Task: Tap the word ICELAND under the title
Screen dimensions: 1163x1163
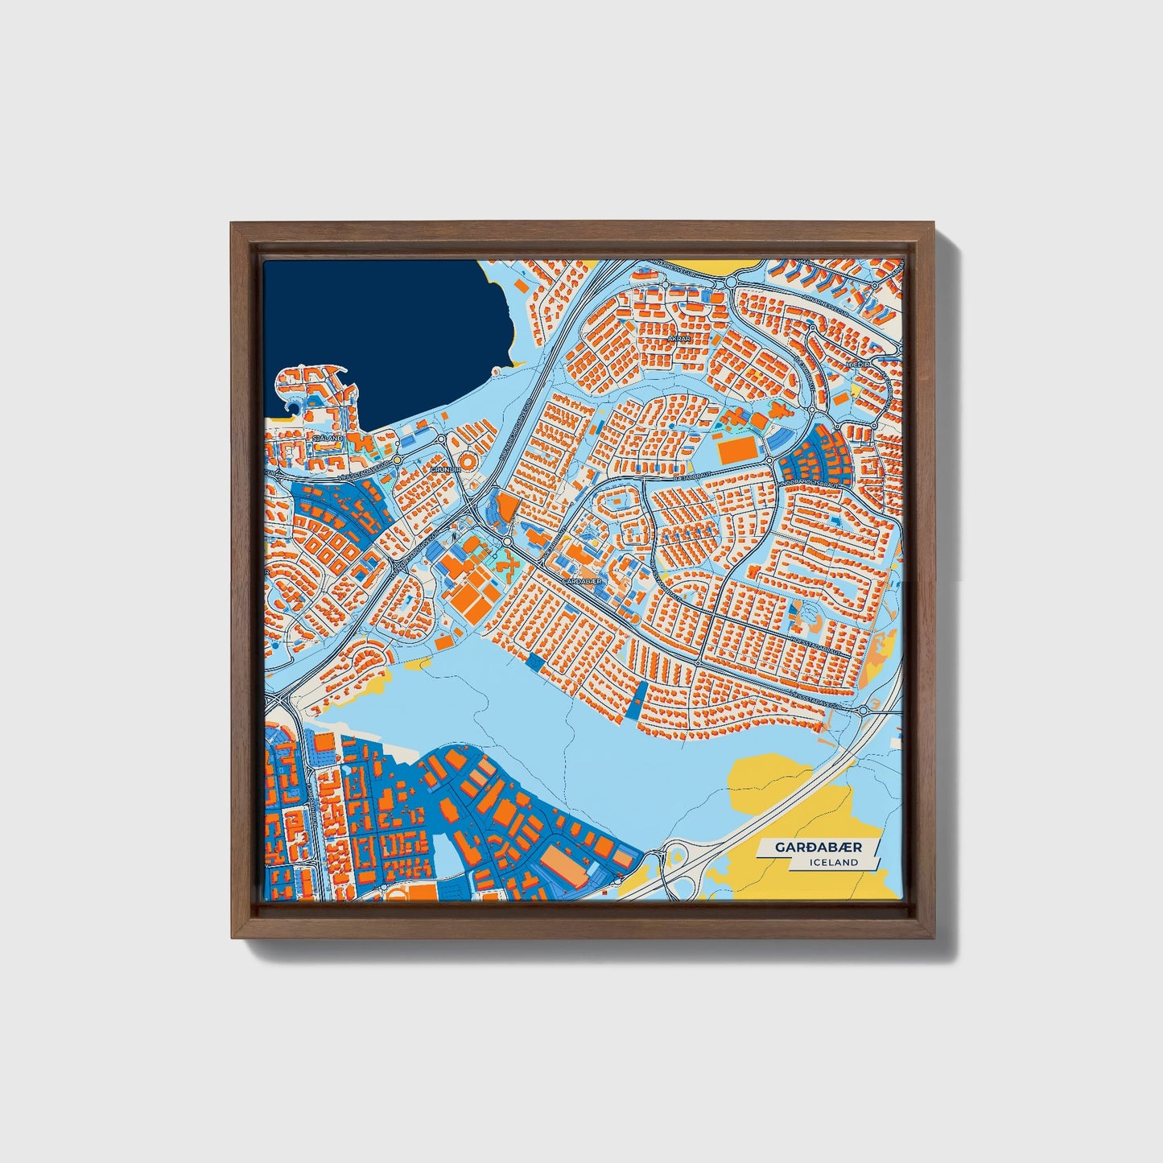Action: pyautogui.click(x=835, y=862)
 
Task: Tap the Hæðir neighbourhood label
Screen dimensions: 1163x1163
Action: pyautogui.click(x=855, y=365)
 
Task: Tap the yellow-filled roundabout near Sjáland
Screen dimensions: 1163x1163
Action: pyautogui.click(x=398, y=459)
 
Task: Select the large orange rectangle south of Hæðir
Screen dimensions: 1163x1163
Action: pyautogui.click(x=736, y=451)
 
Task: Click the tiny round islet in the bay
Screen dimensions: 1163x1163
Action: pyautogui.click(x=496, y=371)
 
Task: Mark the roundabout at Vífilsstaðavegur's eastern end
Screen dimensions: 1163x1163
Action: pyautogui.click(x=864, y=710)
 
